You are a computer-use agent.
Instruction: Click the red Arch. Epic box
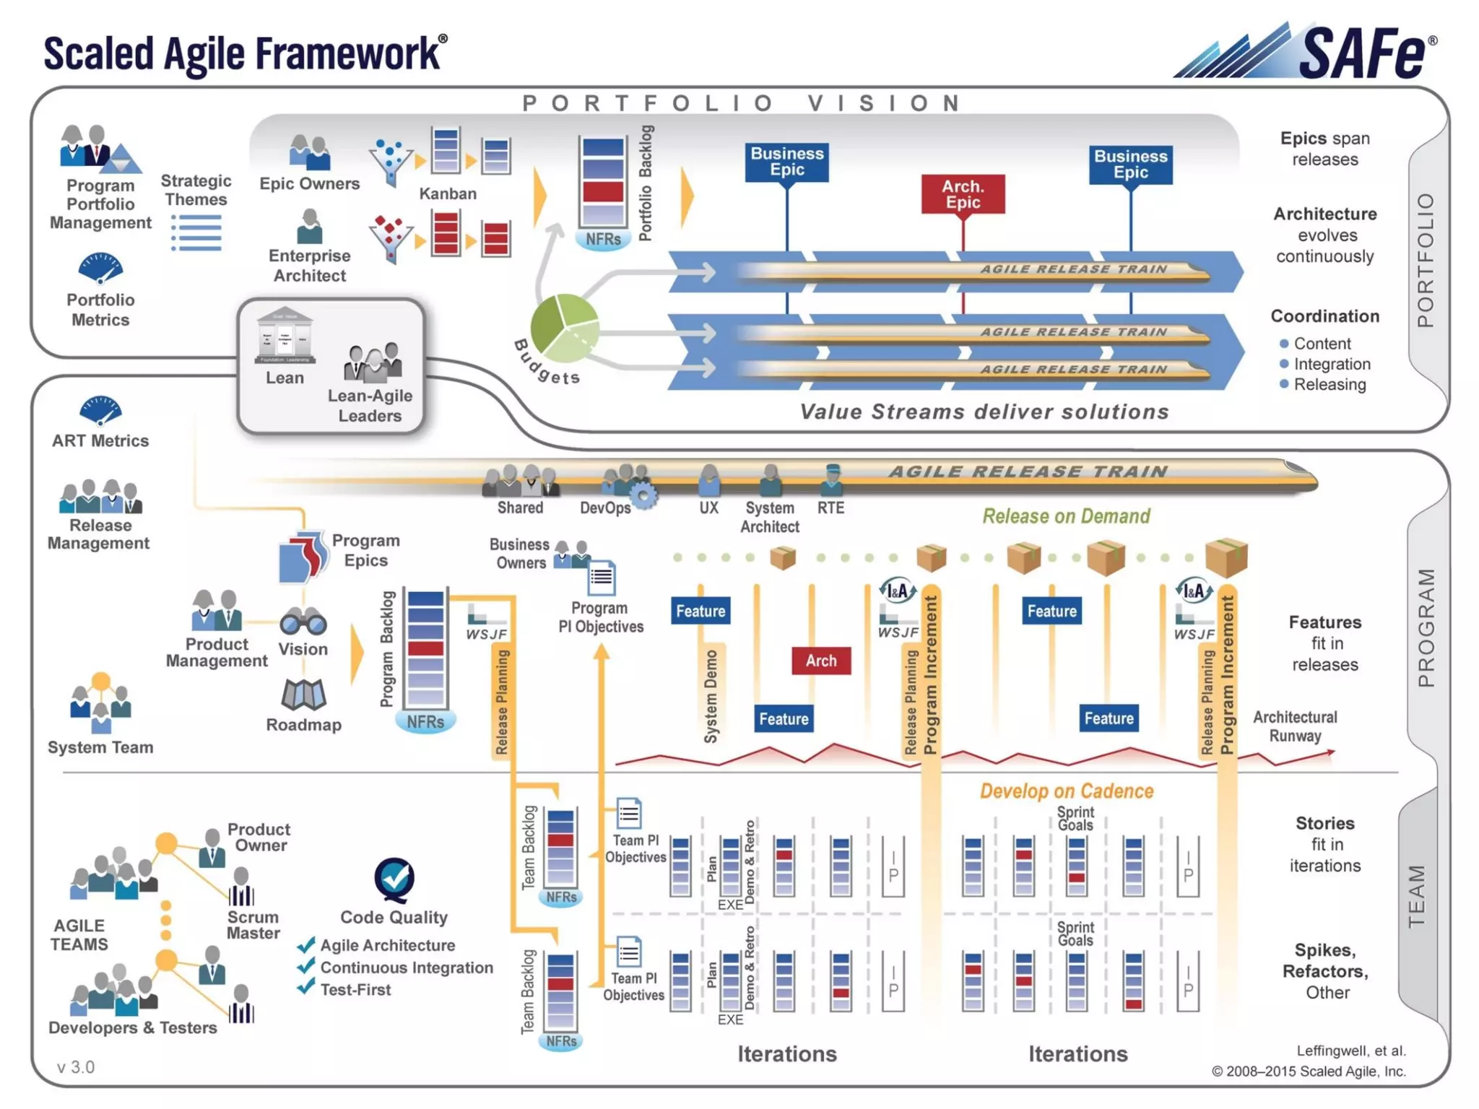point(963,194)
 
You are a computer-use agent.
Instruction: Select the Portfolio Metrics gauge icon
point(100,268)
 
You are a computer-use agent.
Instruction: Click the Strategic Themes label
point(196,190)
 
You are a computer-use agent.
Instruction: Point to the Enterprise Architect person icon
point(310,227)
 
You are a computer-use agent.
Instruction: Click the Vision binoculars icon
point(303,622)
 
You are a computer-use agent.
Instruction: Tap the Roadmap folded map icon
point(303,695)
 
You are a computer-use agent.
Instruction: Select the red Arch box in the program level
point(821,661)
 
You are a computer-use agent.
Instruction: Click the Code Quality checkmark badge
point(394,879)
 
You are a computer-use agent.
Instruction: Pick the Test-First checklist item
point(355,990)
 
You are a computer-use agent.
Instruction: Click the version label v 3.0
point(76,1067)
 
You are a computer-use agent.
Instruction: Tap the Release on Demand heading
point(1066,516)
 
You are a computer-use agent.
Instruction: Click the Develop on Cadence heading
point(1066,791)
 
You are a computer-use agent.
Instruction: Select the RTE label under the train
point(830,508)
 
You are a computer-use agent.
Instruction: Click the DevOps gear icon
point(643,495)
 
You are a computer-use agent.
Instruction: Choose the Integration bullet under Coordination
point(1331,364)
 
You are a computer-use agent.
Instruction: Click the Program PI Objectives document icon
point(601,578)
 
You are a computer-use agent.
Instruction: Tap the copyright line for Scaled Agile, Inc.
point(1309,1071)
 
